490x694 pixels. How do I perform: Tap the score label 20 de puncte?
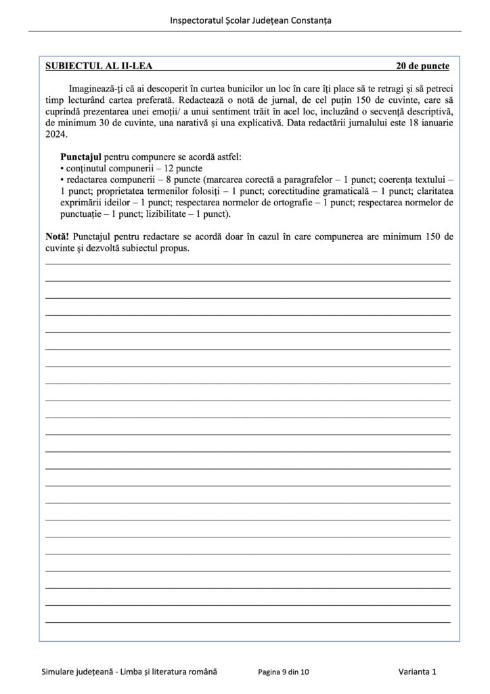click(x=422, y=66)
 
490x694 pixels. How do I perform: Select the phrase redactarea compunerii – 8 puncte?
click(x=128, y=180)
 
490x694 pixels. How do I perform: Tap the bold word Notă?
click(x=58, y=237)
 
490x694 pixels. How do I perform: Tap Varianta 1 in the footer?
click(x=417, y=672)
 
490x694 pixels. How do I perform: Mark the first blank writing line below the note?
click(x=247, y=264)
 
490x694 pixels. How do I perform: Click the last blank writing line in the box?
click(x=247, y=621)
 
